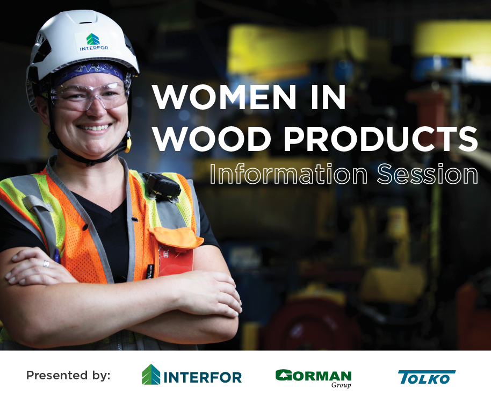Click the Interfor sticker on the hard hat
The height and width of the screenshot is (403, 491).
(x=93, y=42)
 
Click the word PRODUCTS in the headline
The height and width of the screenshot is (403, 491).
(x=380, y=139)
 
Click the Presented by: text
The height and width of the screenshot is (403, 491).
(x=68, y=375)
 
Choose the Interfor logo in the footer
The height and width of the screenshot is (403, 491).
(x=192, y=375)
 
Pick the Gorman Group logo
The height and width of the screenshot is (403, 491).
(x=313, y=378)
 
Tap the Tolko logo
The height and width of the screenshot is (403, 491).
(x=427, y=377)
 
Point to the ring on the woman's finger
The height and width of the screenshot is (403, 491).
(x=46, y=264)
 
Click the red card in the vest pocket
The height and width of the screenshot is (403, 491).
(x=175, y=260)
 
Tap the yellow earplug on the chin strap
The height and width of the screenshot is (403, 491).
(x=128, y=144)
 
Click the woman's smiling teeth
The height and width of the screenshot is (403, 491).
(x=95, y=128)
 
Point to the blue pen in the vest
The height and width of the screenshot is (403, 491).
(x=57, y=256)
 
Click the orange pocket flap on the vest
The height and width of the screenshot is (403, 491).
(x=176, y=237)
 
